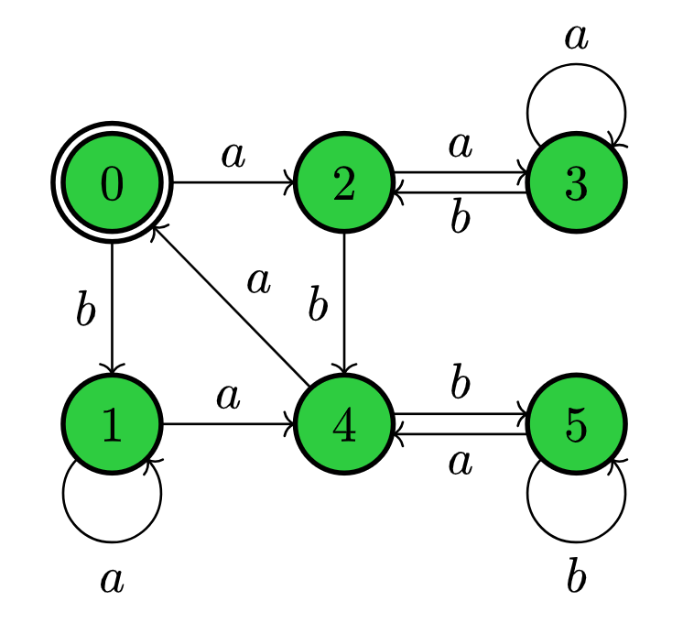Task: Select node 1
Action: point(112,424)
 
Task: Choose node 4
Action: point(343,424)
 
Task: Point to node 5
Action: point(576,424)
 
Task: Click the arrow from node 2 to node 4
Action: point(343,302)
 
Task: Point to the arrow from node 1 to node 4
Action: point(229,424)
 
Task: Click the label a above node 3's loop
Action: point(575,38)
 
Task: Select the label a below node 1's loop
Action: point(112,579)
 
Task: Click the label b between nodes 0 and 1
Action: point(86,311)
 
